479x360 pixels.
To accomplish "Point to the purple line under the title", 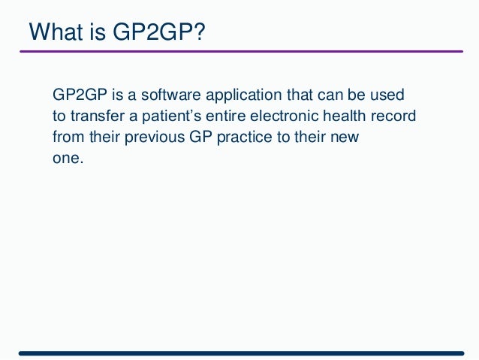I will click(x=240, y=51).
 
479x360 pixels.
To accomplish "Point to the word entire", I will click(x=232, y=118).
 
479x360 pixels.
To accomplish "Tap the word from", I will click(x=66, y=139).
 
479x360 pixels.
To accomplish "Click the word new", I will click(x=347, y=139).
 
